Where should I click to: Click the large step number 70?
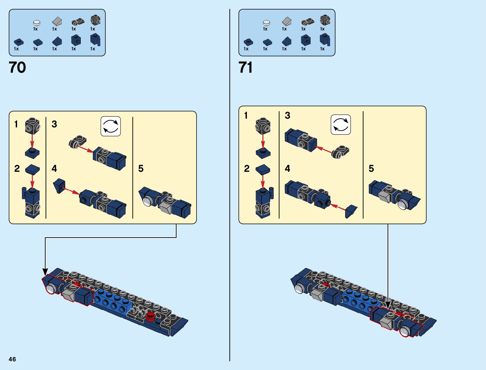pyautogui.click(x=17, y=67)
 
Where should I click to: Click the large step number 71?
pyautogui.click(x=246, y=67)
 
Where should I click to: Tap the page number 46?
pyautogui.click(x=12, y=359)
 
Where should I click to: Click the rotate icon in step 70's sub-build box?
pyautogui.click(x=111, y=126)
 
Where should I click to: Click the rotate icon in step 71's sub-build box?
pyautogui.click(x=341, y=125)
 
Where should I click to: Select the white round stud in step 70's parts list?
pyautogui.click(x=36, y=23)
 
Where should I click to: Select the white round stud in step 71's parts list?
pyautogui.click(x=266, y=23)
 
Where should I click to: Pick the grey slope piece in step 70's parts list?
pyautogui.click(x=57, y=21)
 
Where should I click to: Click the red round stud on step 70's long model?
pyautogui.click(x=151, y=316)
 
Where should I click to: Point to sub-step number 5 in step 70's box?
pyautogui.click(x=141, y=168)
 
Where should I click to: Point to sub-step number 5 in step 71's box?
pyautogui.click(x=371, y=168)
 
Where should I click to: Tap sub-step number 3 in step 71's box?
pyautogui.click(x=288, y=116)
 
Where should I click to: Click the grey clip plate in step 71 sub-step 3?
pyautogui.click(x=340, y=151)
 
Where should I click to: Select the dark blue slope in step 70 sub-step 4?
pyautogui.click(x=59, y=185)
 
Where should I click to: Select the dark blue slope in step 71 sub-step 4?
pyautogui.click(x=351, y=211)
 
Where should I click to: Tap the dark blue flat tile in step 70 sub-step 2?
pyautogui.click(x=32, y=170)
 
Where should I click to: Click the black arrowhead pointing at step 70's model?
pyautogui.click(x=45, y=272)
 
